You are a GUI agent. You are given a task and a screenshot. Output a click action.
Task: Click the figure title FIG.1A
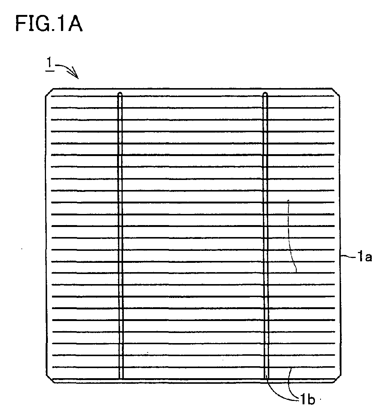(49, 24)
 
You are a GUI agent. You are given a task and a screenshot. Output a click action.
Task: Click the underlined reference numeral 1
(49, 65)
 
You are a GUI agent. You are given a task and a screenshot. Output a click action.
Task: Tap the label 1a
(365, 256)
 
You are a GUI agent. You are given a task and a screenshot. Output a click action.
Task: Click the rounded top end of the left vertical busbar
(120, 94)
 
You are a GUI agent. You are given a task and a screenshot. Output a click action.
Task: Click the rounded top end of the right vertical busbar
(265, 94)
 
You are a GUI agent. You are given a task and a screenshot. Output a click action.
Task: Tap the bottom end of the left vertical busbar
(121, 379)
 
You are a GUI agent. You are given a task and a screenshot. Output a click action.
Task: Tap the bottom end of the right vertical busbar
(266, 379)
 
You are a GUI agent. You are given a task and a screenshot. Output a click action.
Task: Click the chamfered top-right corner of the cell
(336, 92)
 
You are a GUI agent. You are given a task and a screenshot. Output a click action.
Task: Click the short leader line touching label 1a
(348, 256)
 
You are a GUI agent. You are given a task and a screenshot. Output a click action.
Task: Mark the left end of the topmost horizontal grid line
(51, 96)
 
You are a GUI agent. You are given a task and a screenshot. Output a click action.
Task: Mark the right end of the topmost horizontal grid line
(334, 96)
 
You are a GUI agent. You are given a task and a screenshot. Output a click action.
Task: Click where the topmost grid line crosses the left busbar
(120, 96)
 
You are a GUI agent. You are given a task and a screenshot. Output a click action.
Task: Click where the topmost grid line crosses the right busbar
(265, 96)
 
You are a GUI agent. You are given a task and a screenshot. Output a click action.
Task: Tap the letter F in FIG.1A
(21, 24)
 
